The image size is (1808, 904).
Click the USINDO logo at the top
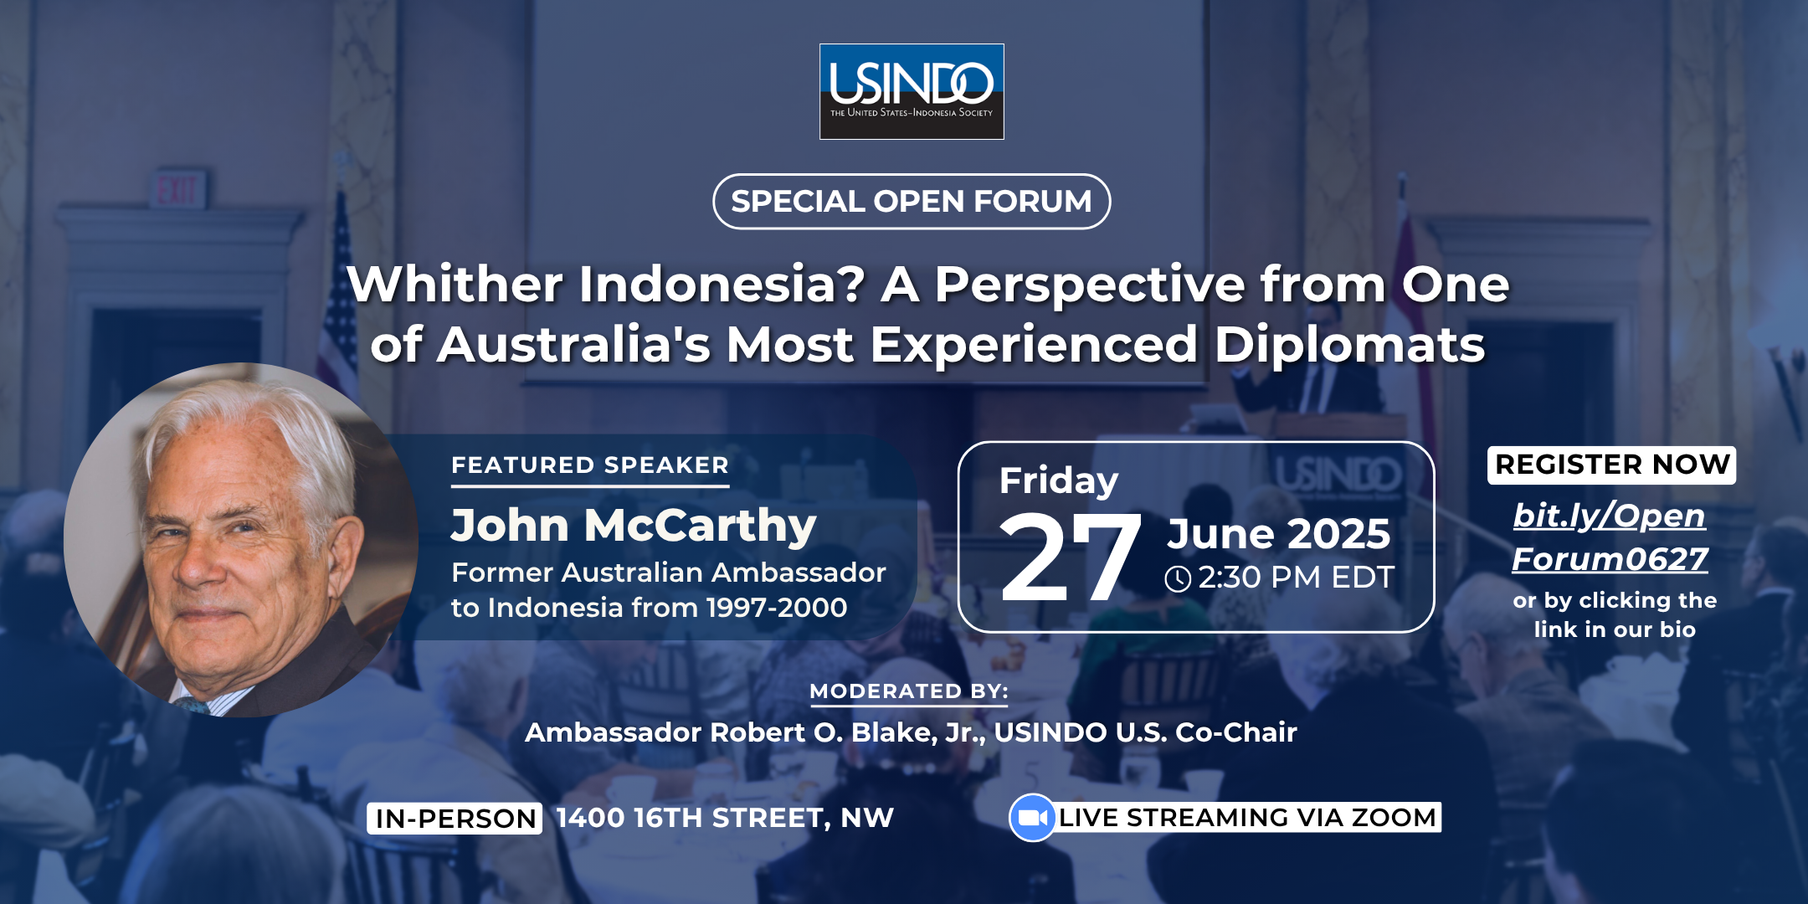(x=912, y=91)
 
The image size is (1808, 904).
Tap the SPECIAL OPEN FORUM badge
(x=912, y=201)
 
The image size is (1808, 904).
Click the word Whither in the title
(x=455, y=284)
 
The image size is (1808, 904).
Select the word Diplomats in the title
(x=1350, y=345)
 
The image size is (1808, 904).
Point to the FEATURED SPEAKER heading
(x=590, y=465)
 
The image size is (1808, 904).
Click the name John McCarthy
(x=634, y=526)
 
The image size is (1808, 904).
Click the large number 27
(x=1071, y=557)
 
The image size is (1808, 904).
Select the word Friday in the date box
(x=1059, y=481)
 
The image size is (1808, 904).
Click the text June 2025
(x=1279, y=533)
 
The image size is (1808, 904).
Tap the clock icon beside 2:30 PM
(x=1178, y=578)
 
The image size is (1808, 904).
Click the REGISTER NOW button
(x=1612, y=465)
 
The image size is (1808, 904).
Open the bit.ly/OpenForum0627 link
(x=1610, y=537)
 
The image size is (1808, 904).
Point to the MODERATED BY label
(x=909, y=691)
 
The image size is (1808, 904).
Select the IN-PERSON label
(x=455, y=818)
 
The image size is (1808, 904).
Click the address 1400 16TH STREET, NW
(x=725, y=818)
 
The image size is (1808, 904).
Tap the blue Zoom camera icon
(x=1033, y=817)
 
